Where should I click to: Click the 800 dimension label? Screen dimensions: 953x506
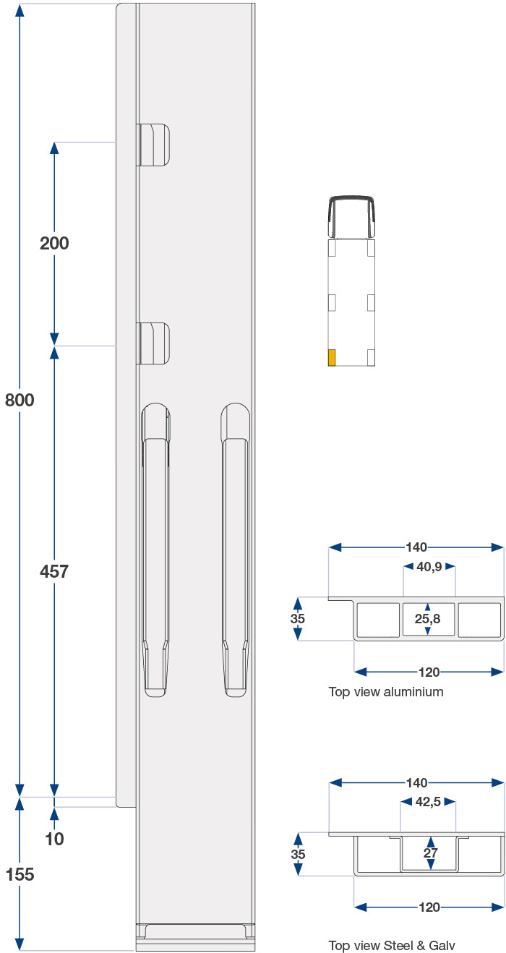pos(20,400)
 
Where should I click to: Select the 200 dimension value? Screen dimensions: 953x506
pos(54,244)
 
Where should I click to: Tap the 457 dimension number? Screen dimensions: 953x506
pos(54,571)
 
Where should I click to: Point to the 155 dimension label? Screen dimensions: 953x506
pos(20,874)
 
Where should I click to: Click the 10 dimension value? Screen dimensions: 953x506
pos(54,839)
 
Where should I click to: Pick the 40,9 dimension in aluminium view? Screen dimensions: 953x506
pos(429,567)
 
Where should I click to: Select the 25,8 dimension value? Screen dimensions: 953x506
pos(428,619)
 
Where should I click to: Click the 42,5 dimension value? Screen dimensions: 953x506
pos(429,802)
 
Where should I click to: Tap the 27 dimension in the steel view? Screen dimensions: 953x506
pos(430,853)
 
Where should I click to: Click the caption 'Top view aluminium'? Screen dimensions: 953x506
pos(386,692)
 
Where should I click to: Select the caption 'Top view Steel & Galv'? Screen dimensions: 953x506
pos(392,945)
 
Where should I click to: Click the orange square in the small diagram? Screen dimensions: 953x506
pos(332,357)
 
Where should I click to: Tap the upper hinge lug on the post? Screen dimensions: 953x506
pos(153,144)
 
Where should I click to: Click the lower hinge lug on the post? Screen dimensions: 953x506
pos(153,343)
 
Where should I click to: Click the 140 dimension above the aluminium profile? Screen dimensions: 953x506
pos(416,547)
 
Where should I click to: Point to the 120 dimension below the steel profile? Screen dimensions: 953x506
pos(429,907)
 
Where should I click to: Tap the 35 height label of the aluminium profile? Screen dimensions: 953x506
pos(298,619)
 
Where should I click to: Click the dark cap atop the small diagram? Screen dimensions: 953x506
pos(351,215)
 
